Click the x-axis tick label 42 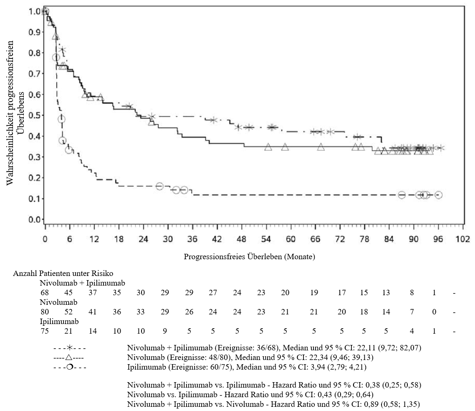pyautogui.click(x=217, y=239)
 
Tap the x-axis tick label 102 pyautogui.click(x=463, y=239)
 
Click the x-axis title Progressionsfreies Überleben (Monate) pyautogui.click(x=249, y=256)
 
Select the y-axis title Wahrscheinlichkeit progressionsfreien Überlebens pyautogui.click(x=15, y=113)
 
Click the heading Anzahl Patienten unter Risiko pyautogui.click(x=63, y=273)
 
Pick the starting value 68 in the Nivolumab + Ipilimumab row pyautogui.click(x=45, y=293)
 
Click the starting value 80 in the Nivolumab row pyautogui.click(x=45, y=312)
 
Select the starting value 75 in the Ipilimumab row pyautogui.click(x=45, y=331)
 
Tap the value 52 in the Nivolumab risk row pyautogui.click(x=68, y=312)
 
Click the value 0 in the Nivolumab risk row pyautogui.click(x=434, y=312)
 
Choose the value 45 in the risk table pyautogui.click(x=68, y=293)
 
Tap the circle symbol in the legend pyautogui.click(x=70, y=367)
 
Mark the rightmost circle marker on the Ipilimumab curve pyautogui.click(x=438, y=195)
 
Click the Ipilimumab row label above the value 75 pyautogui.click(x=59, y=322)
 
